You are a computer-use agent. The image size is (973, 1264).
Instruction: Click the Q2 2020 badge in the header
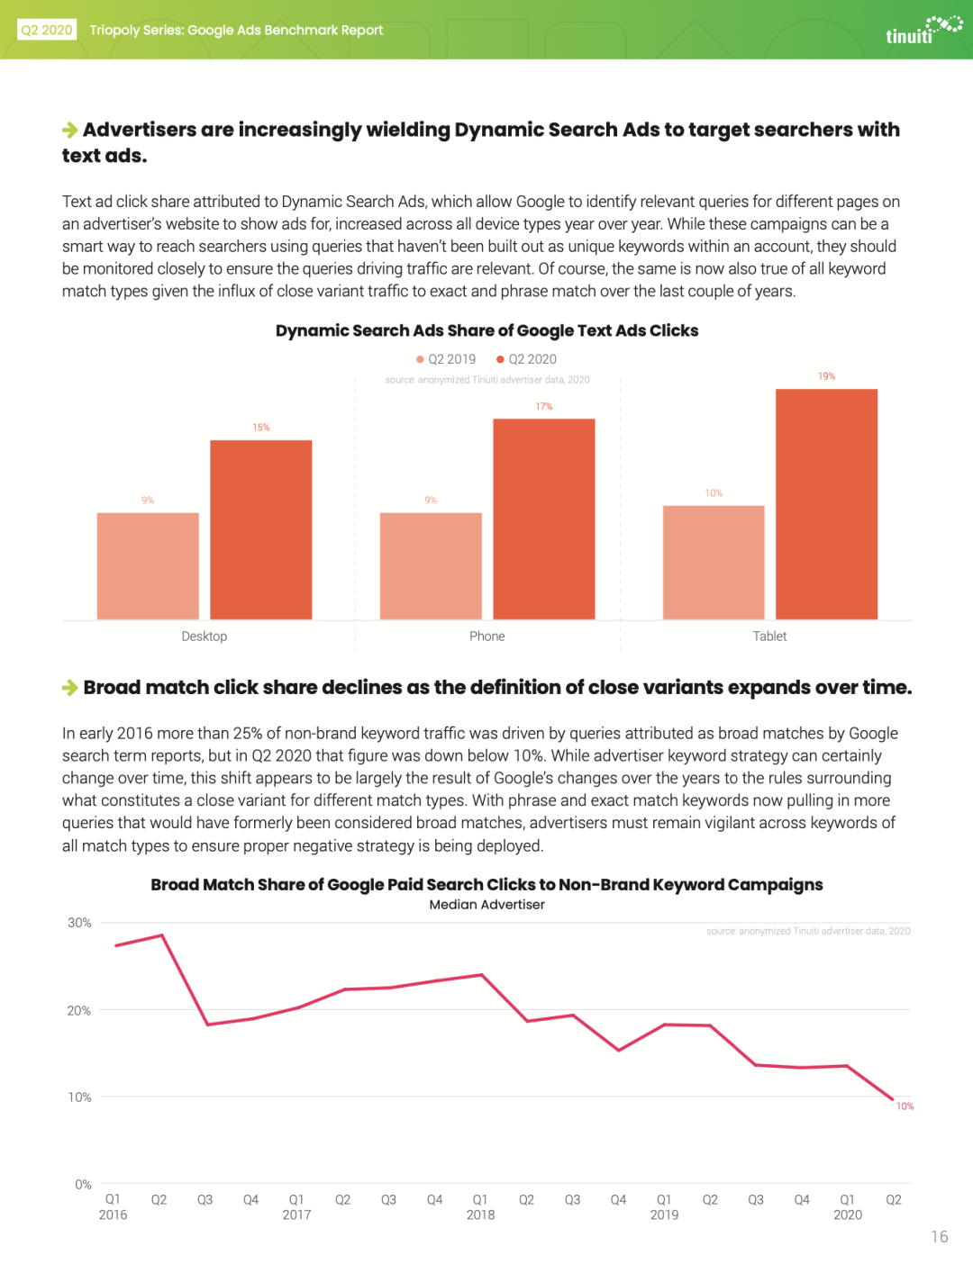pyautogui.click(x=47, y=30)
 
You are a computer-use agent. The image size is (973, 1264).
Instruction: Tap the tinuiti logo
pyautogui.click(x=923, y=31)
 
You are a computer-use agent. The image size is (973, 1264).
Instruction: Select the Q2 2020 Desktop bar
pyautogui.click(x=260, y=529)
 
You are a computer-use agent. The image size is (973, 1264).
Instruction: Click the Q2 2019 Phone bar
pyautogui.click(x=431, y=566)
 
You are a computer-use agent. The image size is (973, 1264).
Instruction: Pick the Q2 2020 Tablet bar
pyautogui.click(x=826, y=504)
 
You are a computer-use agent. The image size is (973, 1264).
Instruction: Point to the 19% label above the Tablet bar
pyautogui.click(x=826, y=376)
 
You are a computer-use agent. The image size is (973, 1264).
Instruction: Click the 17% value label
pyautogui.click(x=544, y=406)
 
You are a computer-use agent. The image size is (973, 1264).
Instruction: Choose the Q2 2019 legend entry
pyautogui.click(x=446, y=359)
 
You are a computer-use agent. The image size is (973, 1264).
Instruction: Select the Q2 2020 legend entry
pyautogui.click(x=527, y=359)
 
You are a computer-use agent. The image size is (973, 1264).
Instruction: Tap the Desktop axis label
pyautogui.click(x=205, y=636)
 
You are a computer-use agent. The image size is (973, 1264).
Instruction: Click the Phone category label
pyautogui.click(x=487, y=636)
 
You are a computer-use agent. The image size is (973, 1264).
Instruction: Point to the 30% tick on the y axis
pyautogui.click(x=79, y=923)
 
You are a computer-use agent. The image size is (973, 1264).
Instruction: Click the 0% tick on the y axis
pyautogui.click(x=83, y=1184)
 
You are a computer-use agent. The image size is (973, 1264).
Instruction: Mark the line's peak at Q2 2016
pyautogui.click(x=162, y=934)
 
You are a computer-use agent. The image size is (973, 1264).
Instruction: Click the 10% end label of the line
pyautogui.click(x=905, y=1106)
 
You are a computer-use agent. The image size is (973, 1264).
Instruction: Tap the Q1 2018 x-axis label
pyautogui.click(x=481, y=1207)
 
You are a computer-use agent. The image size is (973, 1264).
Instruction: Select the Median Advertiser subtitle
pyautogui.click(x=487, y=905)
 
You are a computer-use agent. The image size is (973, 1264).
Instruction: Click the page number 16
pyautogui.click(x=940, y=1236)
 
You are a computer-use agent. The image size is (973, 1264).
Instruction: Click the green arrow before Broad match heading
pyautogui.click(x=70, y=688)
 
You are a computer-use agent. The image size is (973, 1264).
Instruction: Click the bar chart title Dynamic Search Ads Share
pyautogui.click(x=487, y=330)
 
